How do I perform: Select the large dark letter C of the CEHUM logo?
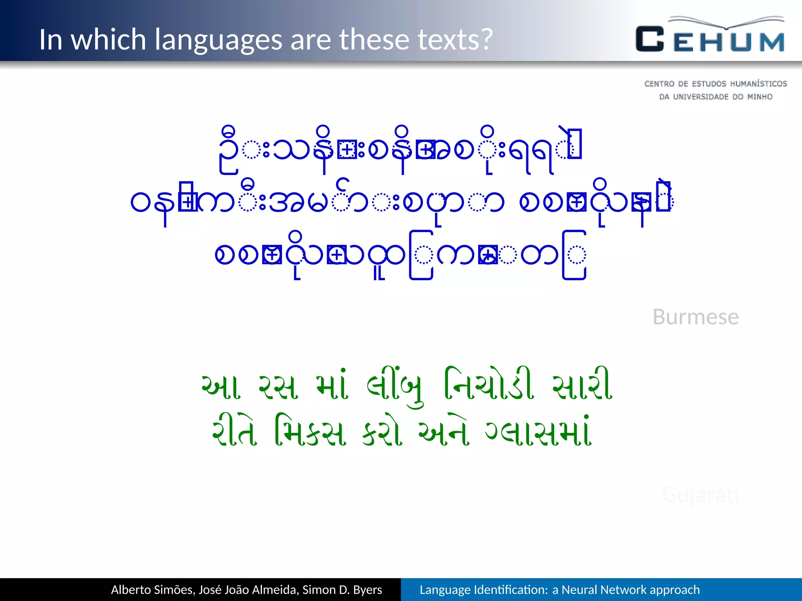(x=650, y=39)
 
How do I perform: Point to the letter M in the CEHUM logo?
(x=772, y=42)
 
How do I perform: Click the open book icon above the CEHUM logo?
(x=726, y=22)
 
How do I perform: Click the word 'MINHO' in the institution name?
(x=759, y=97)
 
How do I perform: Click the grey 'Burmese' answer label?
(x=695, y=317)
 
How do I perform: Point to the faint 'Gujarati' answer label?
(x=700, y=495)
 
